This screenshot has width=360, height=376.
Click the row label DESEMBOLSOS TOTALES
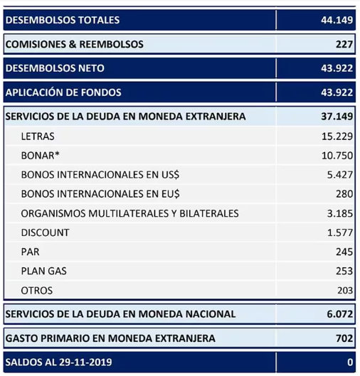pyautogui.click(x=63, y=20)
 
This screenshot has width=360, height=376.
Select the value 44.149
pyautogui.click(x=337, y=20)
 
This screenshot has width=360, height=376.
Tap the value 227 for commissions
pyautogui.click(x=344, y=44)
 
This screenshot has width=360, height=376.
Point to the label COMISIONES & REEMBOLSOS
pyautogui.click(x=74, y=44)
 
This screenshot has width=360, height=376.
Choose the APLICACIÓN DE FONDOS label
pyautogui.click(x=63, y=92)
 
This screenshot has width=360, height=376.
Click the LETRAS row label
pyautogui.click(x=38, y=136)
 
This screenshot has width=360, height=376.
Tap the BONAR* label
pyautogui.click(x=41, y=155)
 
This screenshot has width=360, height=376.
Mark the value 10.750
pyautogui.click(x=337, y=155)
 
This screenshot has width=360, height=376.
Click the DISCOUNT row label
pyautogui.click(x=45, y=232)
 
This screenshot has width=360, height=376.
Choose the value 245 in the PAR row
pyautogui.click(x=344, y=252)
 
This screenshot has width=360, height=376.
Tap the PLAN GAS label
pyautogui.click(x=45, y=271)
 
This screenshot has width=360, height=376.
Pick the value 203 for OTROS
pyautogui.click(x=344, y=290)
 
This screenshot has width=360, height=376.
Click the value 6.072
pyautogui.click(x=339, y=313)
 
